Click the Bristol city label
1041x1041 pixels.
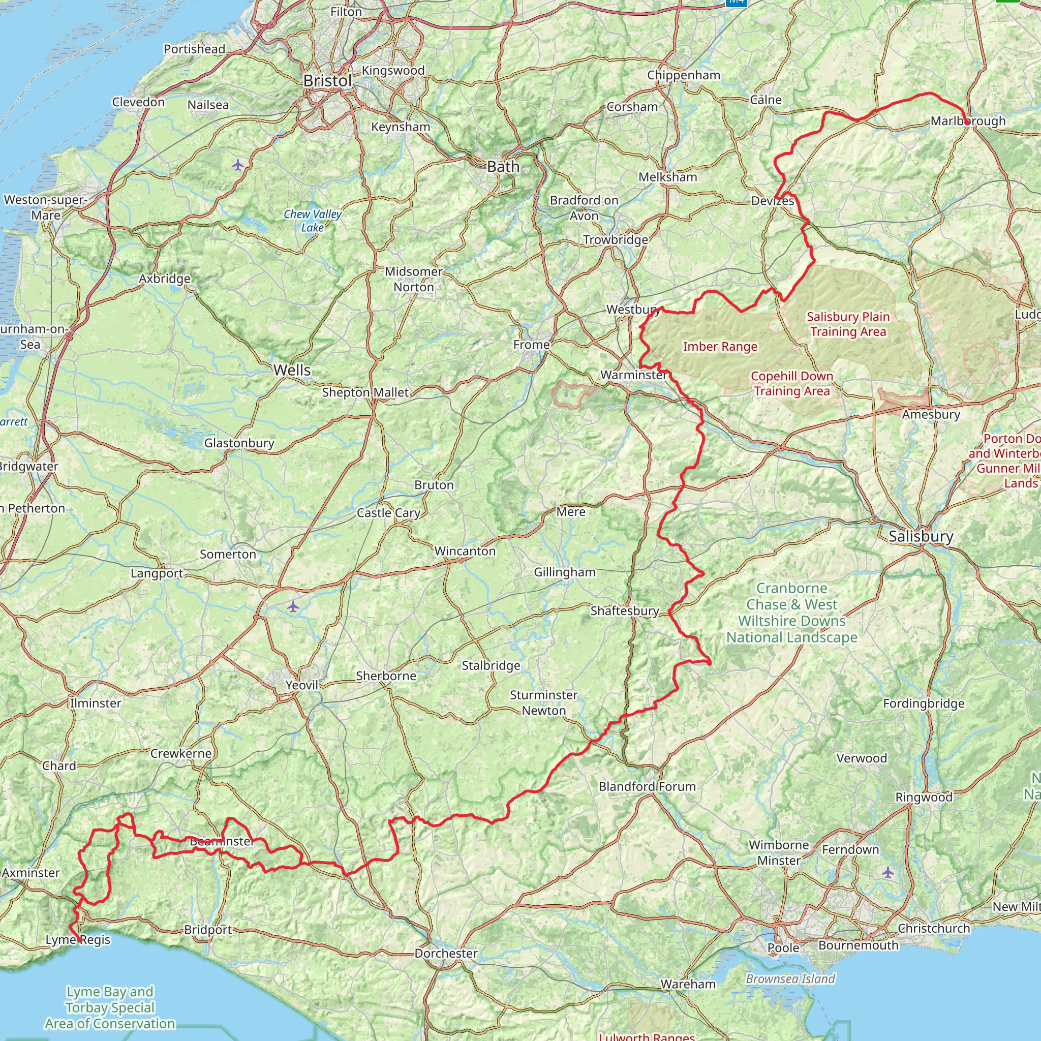point(327,81)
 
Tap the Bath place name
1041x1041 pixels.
point(503,167)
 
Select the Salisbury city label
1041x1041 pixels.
point(921,536)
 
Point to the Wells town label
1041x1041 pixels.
point(292,370)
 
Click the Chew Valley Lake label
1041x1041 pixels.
point(313,221)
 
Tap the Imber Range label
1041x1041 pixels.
point(720,347)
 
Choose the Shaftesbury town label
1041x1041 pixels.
point(625,610)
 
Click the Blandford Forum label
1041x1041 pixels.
point(647,786)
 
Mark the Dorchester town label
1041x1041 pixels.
point(446,953)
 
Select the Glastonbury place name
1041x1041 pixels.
point(239,443)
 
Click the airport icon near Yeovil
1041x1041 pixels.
point(293,607)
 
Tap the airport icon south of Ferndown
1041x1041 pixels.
point(887,872)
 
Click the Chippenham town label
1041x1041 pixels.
point(684,75)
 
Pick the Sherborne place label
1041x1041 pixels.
point(386,676)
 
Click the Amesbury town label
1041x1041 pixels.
point(931,414)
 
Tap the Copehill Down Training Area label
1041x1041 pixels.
point(791,384)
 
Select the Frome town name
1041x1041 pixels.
point(531,344)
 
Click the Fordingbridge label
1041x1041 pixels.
point(924,703)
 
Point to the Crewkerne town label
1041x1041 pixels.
point(180,753)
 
